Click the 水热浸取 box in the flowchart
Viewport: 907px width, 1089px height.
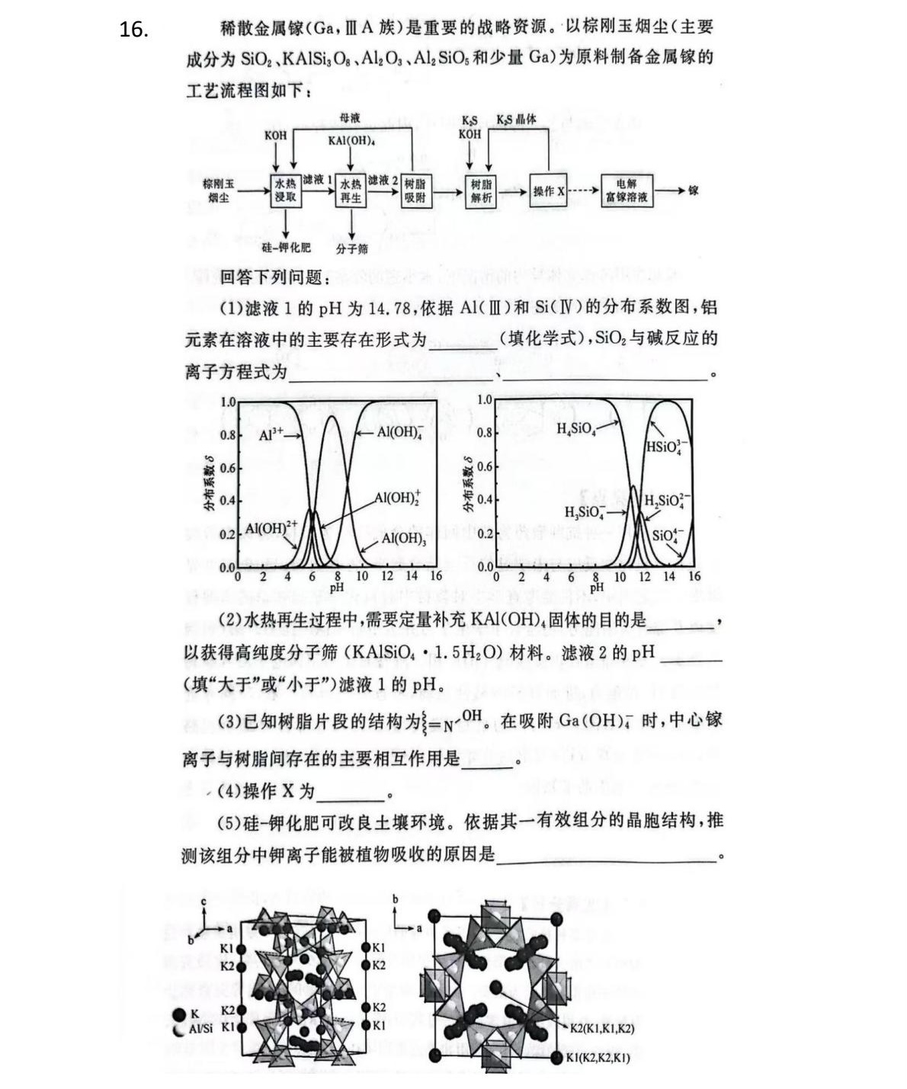(286, 191)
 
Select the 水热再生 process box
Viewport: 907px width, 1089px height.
(351, 191)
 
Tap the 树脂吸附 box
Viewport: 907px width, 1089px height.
(415, 191)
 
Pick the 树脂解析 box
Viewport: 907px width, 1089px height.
(480, 191)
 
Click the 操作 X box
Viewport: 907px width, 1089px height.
(549, 191)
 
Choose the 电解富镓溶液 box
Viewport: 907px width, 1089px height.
(627, 191)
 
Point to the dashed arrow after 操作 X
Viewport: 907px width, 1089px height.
(584, 191)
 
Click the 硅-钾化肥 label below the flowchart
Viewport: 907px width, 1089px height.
(286, 248)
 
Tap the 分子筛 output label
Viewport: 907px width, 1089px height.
(351, 248)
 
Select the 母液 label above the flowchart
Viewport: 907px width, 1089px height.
(350, 118)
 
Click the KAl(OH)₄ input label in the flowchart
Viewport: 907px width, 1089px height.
(351, 141)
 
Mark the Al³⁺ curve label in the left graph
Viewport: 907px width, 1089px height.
(271, 434)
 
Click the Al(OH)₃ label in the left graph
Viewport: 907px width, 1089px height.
(403, 538)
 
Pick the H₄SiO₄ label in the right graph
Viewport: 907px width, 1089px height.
(575, 429)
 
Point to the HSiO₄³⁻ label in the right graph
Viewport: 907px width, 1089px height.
(667, 447)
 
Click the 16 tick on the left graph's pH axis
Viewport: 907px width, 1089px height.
(436, 576)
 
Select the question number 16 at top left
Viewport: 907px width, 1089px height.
(133, 30)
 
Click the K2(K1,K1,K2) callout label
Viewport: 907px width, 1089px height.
(602, 1028)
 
